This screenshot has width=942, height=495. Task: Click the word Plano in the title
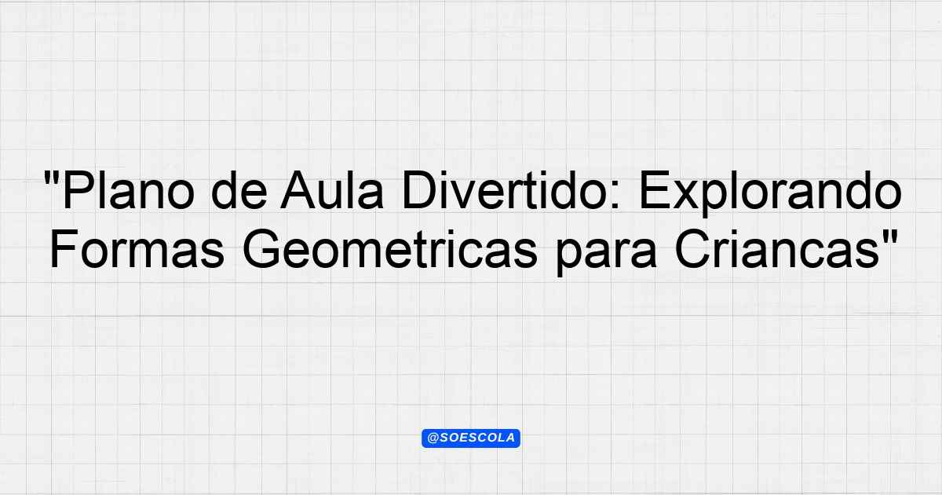click(x=128, y=189)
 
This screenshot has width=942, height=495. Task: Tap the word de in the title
click(x=239, y=189)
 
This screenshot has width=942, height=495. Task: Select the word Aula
click(x=332, y=189)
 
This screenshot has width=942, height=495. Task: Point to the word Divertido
click(x=506, y=189)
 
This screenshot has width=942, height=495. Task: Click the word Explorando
click(x=770, y=193)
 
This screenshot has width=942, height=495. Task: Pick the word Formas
click(x=137, y=249)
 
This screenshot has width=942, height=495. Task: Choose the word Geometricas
click(x=390, y=249)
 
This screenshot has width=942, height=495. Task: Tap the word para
click(x=605, y=253)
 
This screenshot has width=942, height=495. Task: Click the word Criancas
click(x=776, y=249)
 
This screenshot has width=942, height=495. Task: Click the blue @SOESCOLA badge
click(x=471, y=438)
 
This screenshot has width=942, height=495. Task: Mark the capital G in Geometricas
click(x=261, y=249)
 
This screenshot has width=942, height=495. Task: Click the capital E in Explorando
click(x=655, y=190)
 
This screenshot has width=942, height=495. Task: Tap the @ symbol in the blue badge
click(x=433, y=438)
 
